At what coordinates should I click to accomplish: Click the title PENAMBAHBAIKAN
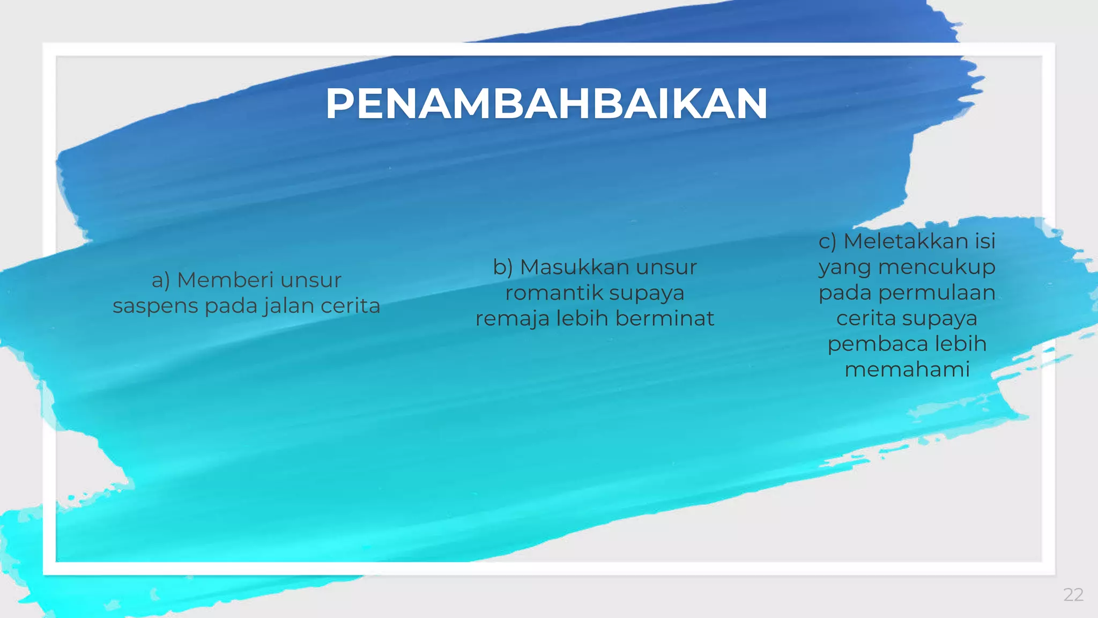click(547, 104)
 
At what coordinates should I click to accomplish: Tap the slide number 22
click(1073, 594)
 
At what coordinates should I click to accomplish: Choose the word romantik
click(554, 293)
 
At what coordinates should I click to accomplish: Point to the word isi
click(985, 241)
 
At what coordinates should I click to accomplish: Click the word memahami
click(907, 369)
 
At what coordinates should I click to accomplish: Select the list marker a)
click(161, 280)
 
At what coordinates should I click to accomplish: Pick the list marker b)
click(503, 267)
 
